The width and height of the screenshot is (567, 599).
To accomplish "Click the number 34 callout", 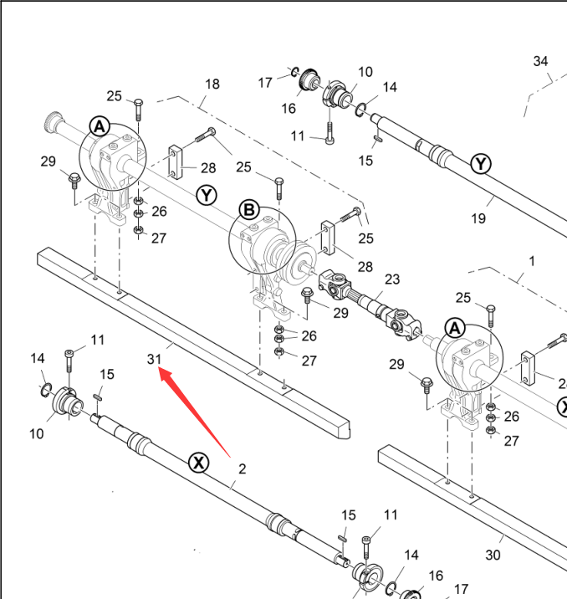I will click(x=540, y=61).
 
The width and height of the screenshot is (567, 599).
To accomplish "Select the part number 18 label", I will click(x=212, y=84).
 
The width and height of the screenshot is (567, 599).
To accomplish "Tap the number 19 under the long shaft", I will click(x=478, y=218).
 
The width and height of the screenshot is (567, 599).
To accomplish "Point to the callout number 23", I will click(x=392, y=279).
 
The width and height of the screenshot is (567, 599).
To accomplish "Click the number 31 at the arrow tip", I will click(x=153, y=359).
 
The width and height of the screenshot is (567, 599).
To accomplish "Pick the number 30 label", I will click(x=493, y=555).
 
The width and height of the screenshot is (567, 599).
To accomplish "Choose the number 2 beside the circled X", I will click(x=242, y=468).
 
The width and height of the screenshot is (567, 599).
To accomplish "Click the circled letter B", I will click(x=249, y=211).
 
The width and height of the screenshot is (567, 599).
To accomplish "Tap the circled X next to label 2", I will click(x=198, y=462).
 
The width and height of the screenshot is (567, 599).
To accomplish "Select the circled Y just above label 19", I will click(x=480, y=164).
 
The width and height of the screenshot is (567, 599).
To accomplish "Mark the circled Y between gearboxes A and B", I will click(x=207, y=195).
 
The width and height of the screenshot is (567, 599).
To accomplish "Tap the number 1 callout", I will click(x=530, y=260).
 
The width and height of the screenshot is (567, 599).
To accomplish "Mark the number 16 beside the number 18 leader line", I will click(x=289, y=109).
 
